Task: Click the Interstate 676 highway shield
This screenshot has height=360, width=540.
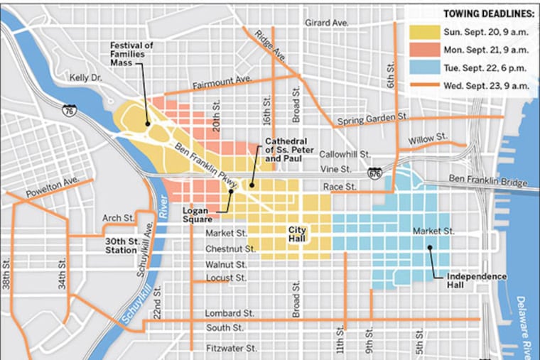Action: tap(374, 173)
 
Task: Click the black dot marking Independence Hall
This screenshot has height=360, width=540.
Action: tap(430, 248)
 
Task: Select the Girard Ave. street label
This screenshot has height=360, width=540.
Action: tap(327, 23)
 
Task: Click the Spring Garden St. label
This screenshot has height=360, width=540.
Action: tap(372, 118)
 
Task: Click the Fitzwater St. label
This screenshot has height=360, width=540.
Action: tap(232, 349)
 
